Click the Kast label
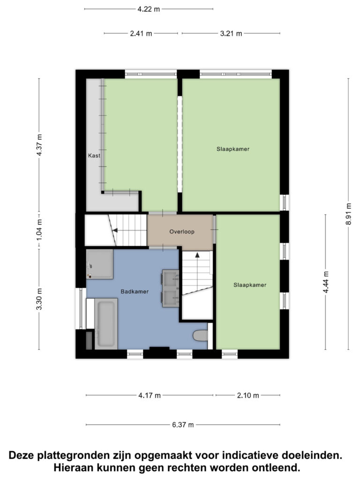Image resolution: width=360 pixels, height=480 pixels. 94,156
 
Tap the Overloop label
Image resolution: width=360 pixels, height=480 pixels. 182,232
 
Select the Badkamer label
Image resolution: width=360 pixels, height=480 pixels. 135,292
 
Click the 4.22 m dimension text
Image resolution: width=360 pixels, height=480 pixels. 149,9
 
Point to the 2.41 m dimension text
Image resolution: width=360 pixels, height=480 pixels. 141,33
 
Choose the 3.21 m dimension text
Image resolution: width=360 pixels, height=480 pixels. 231,33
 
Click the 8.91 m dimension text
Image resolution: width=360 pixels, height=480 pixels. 349,214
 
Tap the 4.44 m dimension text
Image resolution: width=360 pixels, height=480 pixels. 326,282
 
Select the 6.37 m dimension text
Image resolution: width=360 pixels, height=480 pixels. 183,425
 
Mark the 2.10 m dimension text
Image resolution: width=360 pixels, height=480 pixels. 248,396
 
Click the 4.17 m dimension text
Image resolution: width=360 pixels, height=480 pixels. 150,396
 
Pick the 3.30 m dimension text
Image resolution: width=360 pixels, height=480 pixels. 39,299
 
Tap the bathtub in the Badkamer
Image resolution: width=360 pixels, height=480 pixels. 106,324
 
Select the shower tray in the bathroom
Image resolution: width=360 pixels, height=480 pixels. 99,264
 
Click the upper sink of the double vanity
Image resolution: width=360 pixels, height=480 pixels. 171,279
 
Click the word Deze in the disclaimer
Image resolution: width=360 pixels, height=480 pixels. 22,455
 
